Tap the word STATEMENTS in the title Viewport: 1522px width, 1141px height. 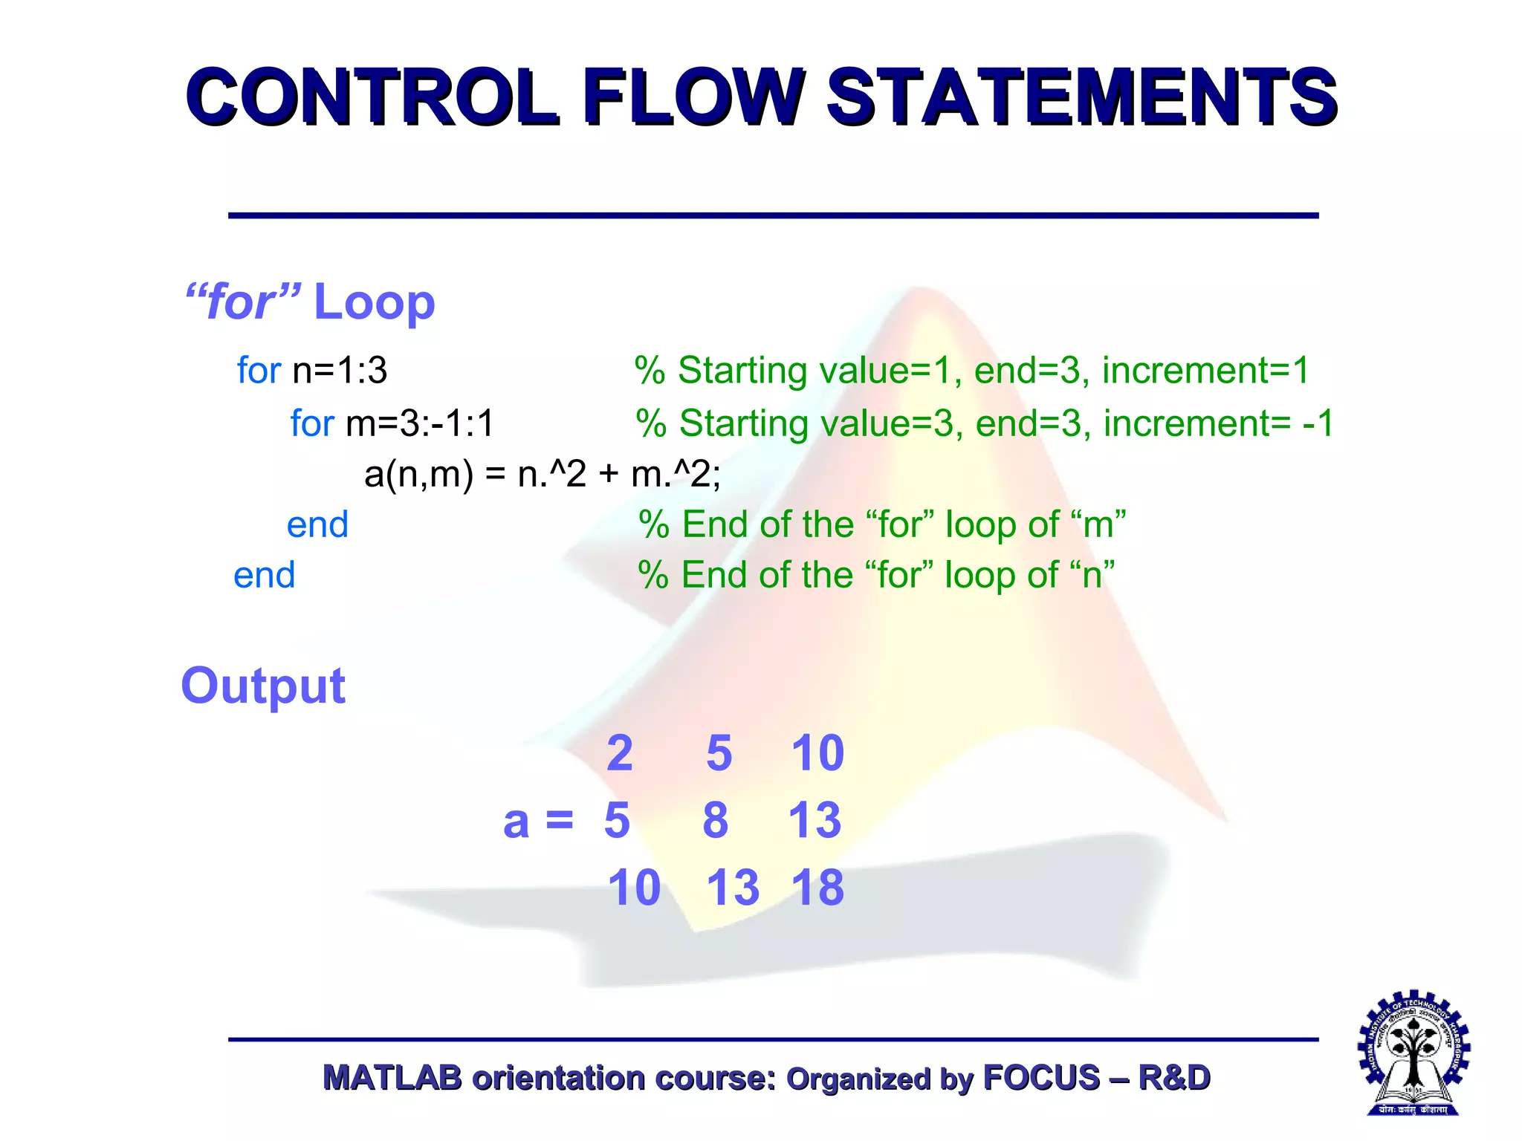pyautogui.click(x=1081, y=97)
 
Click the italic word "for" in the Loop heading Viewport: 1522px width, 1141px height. pyautogui.click(x=242, y=302)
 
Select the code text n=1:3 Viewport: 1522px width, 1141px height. pyautogui.click(x=340, y=370)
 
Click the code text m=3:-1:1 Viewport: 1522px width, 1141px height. pyautogui.click(x=420, y=423)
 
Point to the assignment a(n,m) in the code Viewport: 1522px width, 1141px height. pyautogui.click(x=418, y=474)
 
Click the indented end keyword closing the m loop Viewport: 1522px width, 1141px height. pyautogui.click(x=317, y=524)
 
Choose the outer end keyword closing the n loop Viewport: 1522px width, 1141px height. pyautogui.click(x=264, y=575)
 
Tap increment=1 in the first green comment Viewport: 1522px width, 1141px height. pyautogui.click(x=1205, y=370)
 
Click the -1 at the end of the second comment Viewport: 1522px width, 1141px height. pyautogui.click(x=1318, y=423)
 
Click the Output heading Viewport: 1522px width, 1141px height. pyautogui.click(x=263, y=685)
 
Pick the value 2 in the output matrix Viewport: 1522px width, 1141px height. pyautogui.click(x=619, y=753)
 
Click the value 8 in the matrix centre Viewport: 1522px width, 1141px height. pyautogui.click(x=716, y=821)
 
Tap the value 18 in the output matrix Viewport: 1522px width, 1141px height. pyautogui.click(x=817, y=888)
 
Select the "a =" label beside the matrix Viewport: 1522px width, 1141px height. pyautogui.click(x=538, y=822)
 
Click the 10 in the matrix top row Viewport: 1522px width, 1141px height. pyautogui.click(x=817, y=753)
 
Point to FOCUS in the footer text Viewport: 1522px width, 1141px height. pyautogui.click(x=1040, y=1078)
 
